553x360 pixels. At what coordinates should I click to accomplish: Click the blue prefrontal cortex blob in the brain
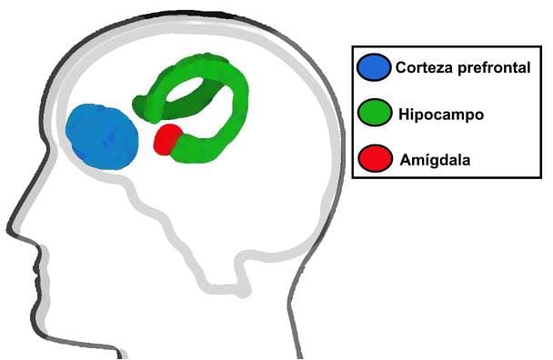tap(102, 137)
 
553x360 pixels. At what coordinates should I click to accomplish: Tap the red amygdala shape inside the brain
tap(167, 139)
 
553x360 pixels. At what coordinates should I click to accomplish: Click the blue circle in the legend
tap(374, 67)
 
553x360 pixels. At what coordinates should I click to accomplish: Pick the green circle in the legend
tap(374, 115)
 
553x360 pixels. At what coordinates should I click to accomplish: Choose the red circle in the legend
tap(374, 161)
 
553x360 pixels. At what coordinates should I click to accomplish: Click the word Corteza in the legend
tap(422, 67)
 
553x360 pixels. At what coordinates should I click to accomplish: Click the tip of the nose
tap(10, 223)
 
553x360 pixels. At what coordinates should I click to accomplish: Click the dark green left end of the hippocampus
tap(144, 108)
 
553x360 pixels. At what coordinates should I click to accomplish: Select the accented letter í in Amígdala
tap(425, 161)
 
